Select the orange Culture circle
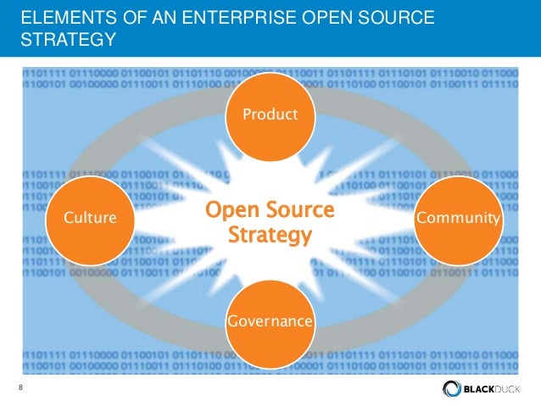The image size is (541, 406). pos(90,219)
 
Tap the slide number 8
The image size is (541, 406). pos(20,388)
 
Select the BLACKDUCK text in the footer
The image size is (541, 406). pos(494,389)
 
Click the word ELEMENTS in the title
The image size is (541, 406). pos(59,18)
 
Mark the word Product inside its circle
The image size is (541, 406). pos(270,114)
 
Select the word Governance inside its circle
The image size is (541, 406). pos(270,322)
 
